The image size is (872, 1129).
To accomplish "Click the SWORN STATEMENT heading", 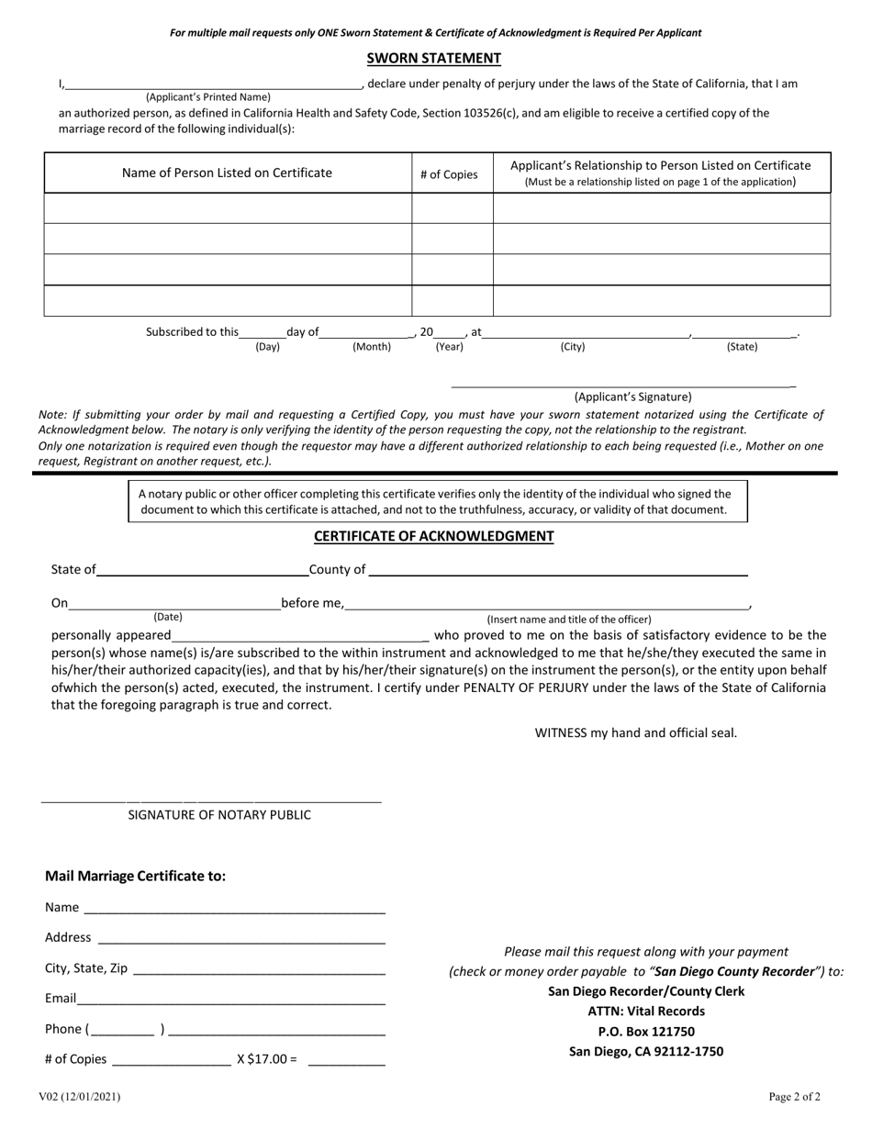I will click(x=434, y=59).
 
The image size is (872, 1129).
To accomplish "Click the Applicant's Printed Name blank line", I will click(x=213, y=84).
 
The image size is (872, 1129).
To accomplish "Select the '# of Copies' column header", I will click(x=449, y=174).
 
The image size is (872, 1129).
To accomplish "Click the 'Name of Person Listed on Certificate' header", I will click(x=228, y=173).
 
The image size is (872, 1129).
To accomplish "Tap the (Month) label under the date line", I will click(x=372, y=347).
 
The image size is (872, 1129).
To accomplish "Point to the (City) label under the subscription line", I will click(x=573, y=347).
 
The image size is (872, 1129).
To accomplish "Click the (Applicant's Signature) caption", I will click(x=632, y=397).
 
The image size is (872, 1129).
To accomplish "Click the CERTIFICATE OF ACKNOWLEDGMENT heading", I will click(x=434, y=536).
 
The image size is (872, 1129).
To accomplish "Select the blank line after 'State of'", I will click(x=202, y=571).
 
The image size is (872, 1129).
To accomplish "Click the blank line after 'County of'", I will click(x=557, y=571).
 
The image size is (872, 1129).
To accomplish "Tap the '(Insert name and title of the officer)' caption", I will click(x=569, y=620).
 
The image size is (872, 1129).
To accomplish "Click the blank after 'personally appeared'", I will click(x=300, y=635).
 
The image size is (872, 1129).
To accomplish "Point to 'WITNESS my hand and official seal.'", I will click(x=636, y=732).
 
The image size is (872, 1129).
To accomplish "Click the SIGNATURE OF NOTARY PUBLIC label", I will click(x=219, y=815).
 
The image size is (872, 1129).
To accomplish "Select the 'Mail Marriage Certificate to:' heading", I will click(x=136, y=876).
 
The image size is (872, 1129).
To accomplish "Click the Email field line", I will click(x=230, y=1000).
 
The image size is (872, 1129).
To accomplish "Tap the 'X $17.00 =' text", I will click(x=267, y=1059).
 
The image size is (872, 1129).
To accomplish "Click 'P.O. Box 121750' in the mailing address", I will click(x=646, y=1032).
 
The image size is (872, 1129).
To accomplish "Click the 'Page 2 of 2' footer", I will click(x=795, y=1096).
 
